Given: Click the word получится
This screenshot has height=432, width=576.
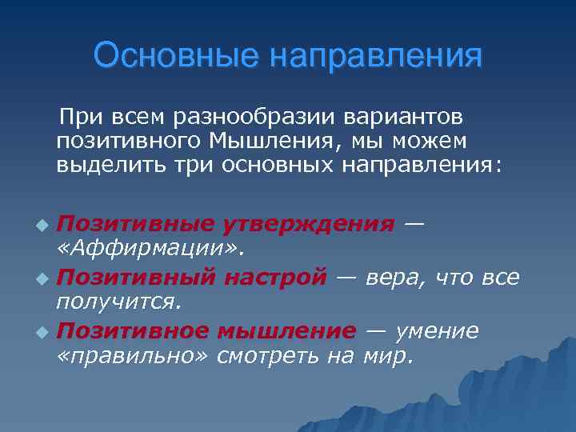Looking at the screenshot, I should tap(119, 302).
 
